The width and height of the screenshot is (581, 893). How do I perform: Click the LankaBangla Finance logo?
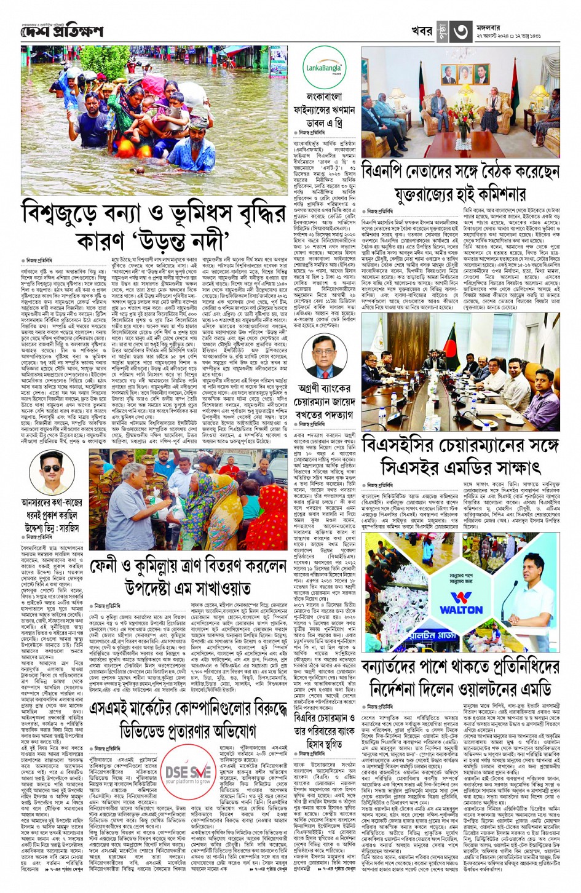325,68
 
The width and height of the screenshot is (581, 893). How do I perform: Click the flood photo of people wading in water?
154,120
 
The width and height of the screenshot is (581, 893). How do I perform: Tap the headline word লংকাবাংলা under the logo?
324,97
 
